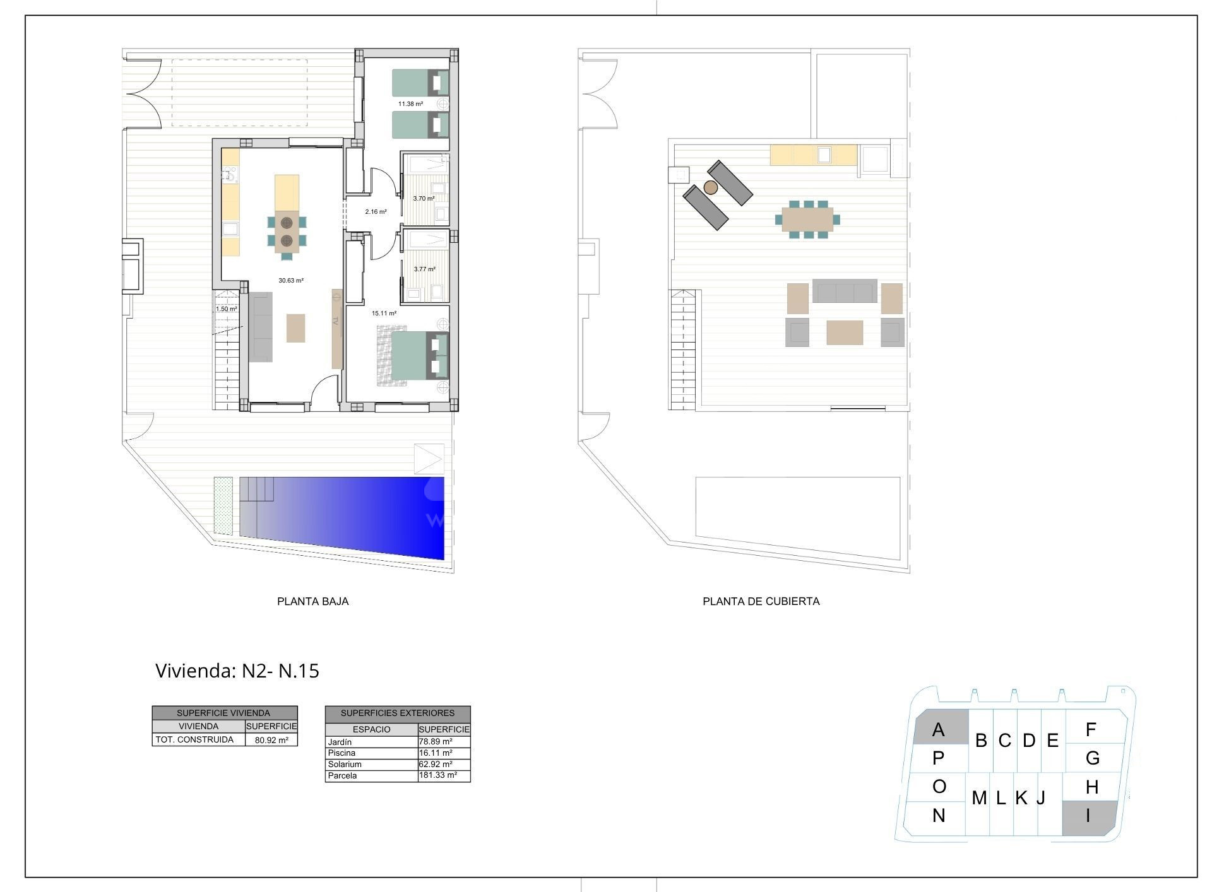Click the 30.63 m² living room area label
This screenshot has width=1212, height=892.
291,281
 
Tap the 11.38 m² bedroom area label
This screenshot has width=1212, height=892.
410,104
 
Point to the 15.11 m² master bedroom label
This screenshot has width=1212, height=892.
384,314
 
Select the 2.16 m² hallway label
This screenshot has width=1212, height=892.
376,212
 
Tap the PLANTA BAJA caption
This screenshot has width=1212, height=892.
313,601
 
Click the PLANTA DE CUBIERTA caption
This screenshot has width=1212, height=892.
761,601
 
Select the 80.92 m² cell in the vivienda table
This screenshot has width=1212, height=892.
271,741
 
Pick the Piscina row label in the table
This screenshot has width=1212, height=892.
342,753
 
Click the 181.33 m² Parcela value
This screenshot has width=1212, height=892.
438,775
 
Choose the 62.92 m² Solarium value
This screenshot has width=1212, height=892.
436,764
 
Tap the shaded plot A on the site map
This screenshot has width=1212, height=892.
941,727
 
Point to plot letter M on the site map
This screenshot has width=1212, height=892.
979,799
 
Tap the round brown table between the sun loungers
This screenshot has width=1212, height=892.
711,187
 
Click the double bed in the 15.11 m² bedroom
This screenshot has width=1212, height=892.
420,356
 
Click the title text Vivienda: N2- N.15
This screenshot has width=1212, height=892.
237,671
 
